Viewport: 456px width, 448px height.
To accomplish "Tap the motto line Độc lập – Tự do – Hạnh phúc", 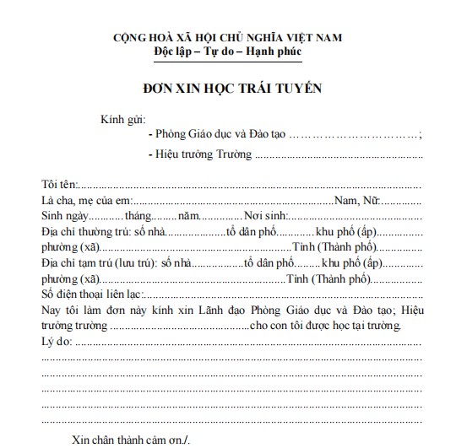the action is click(227, 52).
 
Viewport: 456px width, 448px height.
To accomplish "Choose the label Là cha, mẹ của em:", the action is click(86, 202).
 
